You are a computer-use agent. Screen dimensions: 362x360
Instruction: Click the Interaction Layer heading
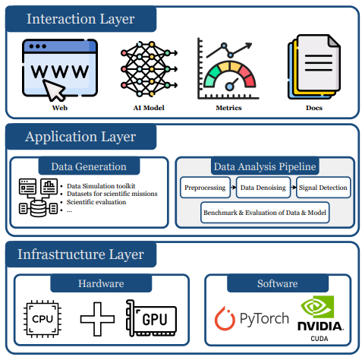tap(80, 19)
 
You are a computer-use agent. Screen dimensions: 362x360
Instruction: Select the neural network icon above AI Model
tap(149, 69)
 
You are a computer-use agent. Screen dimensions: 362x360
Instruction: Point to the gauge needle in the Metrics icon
tap(232, 84)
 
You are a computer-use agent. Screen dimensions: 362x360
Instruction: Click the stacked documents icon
tap(314, 67)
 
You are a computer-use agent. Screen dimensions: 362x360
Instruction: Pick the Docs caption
tap(314, 108)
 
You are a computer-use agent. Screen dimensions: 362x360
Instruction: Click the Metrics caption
tap(228, 108)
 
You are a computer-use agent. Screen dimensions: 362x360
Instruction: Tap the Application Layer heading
tap(80, 137)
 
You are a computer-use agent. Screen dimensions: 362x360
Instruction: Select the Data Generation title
tap(89, 166)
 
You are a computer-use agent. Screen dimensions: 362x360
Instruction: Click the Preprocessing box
tap(205, 188)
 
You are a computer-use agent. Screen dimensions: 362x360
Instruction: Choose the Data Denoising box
tap(263, 188)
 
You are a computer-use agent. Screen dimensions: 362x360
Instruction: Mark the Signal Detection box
tap(323, 188)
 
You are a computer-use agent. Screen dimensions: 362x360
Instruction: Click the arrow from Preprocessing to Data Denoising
tap(233, 188)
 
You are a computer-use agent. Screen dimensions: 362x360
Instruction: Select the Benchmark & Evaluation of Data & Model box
tap(265, 213)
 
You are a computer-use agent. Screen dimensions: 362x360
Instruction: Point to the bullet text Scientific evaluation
tap(96, 202)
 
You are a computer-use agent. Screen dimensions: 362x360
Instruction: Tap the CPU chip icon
tap(42, 319)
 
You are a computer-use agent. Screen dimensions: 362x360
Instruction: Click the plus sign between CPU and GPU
tap(97, 319)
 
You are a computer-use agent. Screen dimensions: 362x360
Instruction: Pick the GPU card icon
tap(151, 318)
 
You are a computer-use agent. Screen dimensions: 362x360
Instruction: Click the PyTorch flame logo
tap(225, 318)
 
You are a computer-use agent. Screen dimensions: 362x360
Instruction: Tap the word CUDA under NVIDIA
tap(320, 339)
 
